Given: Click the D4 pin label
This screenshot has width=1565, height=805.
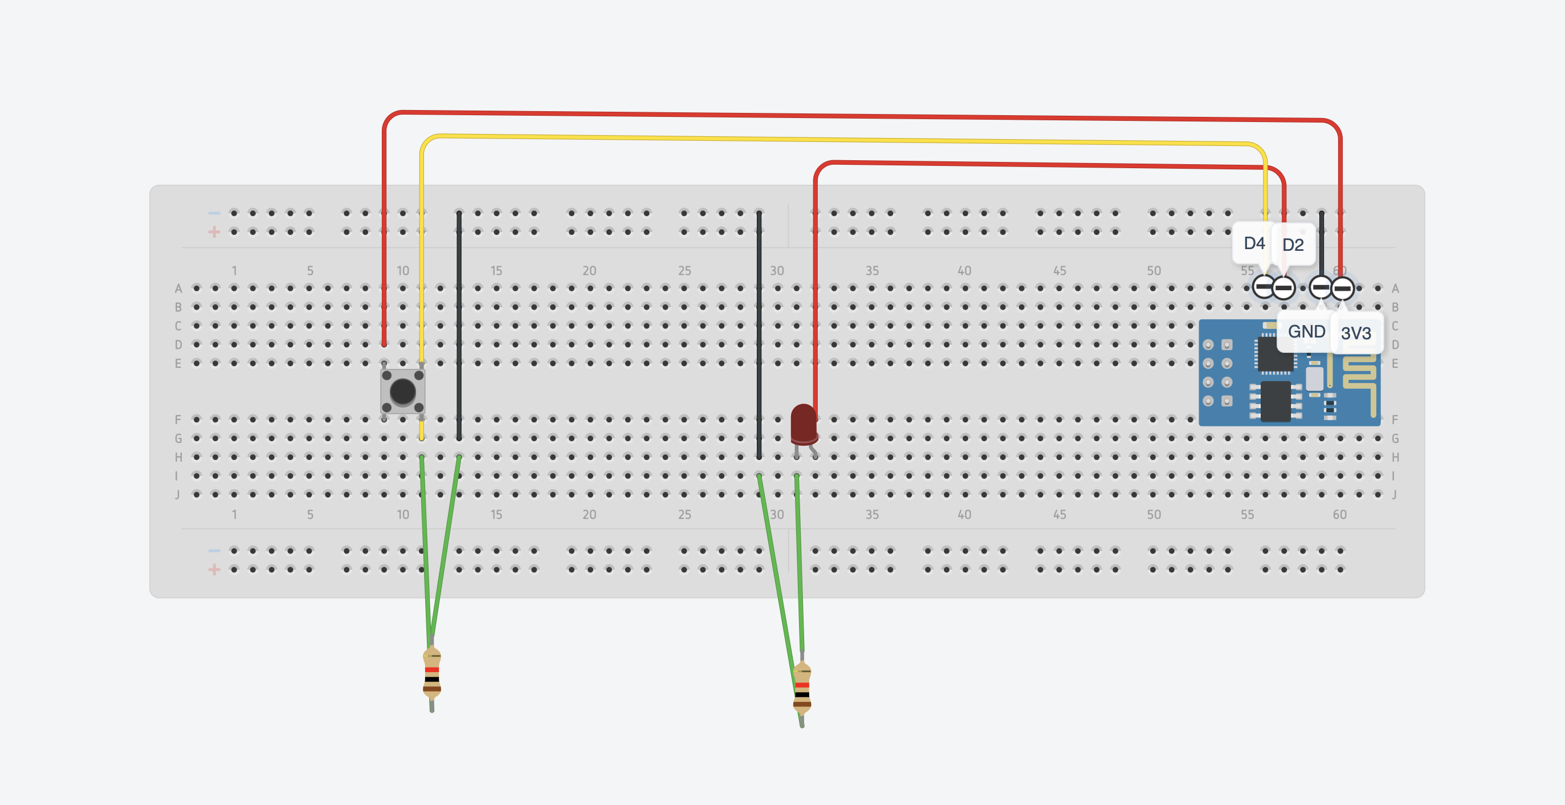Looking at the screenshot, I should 1254,243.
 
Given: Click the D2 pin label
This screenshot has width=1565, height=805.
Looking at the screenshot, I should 1293,245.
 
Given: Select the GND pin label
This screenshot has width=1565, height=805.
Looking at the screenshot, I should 1306,332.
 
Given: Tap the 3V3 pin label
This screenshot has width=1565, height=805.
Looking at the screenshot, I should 1356,333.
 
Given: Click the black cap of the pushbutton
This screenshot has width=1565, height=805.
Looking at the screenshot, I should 402,391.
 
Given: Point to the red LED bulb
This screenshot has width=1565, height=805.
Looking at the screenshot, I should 803,424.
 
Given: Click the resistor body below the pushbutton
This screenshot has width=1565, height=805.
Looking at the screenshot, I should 432,674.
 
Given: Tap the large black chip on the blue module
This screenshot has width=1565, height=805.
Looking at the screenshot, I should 1275,401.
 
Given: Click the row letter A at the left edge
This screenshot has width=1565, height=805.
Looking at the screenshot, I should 178,288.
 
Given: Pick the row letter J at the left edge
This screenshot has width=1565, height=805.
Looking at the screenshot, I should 177,494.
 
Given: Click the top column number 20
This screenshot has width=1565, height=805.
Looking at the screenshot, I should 589,270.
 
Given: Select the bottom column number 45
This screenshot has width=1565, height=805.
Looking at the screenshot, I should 1059,515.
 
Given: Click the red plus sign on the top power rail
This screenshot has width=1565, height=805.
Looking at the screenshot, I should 214,232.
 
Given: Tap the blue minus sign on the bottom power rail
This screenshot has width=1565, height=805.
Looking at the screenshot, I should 214,550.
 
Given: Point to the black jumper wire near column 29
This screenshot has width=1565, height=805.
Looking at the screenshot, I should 759,334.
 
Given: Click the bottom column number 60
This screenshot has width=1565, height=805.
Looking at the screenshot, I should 1340,515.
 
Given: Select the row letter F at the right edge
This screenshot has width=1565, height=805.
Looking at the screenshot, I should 1395,420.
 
